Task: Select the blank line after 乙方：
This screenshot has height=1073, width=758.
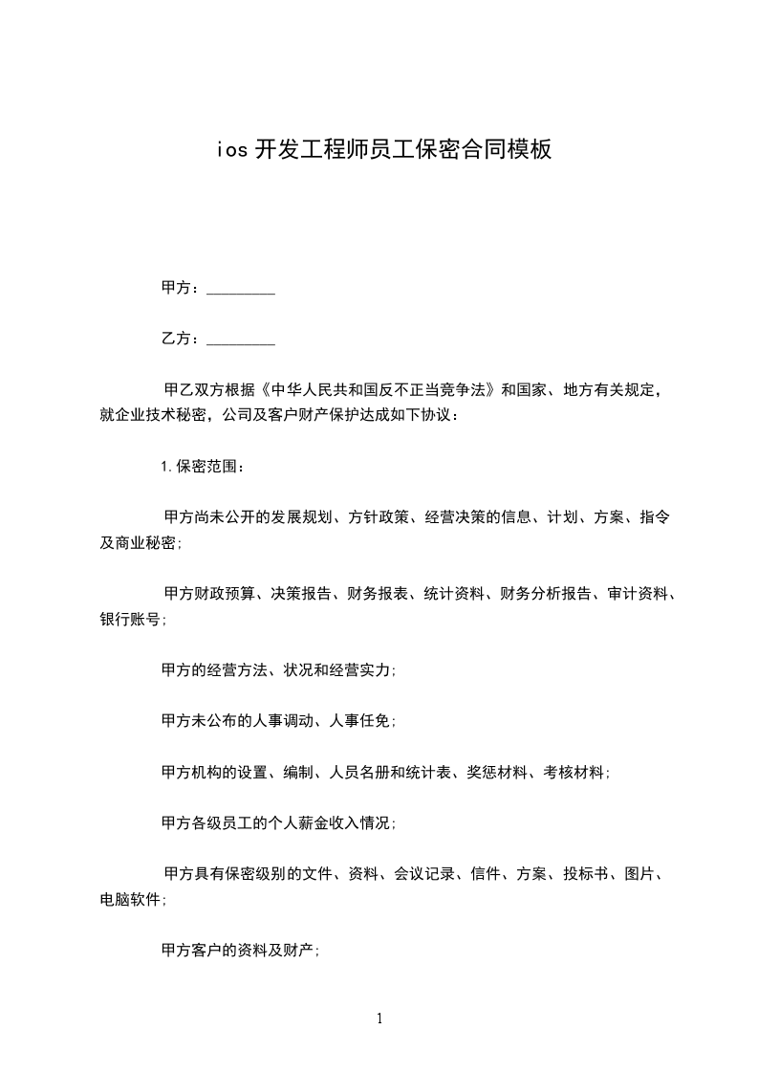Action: click(241, 339)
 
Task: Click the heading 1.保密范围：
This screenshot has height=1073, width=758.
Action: click(204, 467)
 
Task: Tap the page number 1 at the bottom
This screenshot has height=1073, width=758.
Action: click(379, 1018)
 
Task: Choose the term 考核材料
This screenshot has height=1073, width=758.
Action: click(575, 773)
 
